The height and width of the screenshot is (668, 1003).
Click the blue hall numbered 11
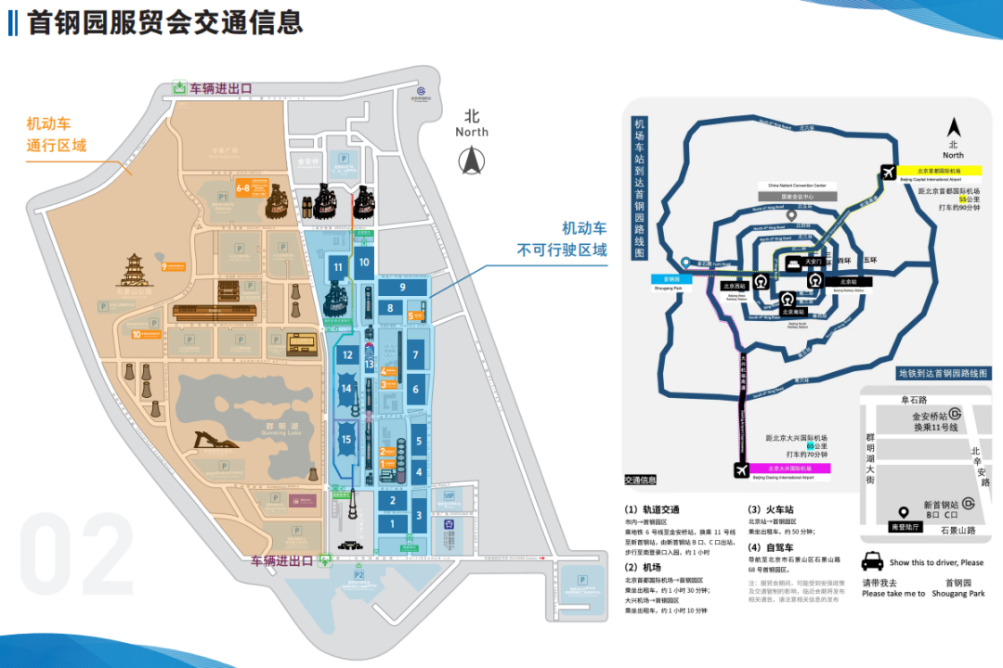point(338,269)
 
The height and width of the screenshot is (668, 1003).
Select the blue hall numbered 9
point(403,289)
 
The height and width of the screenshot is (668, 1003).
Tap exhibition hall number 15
point(346,440)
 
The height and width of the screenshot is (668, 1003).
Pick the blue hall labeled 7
point(416,354)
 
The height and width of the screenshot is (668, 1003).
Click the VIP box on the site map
point(449,496)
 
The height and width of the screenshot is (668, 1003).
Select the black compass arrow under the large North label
point(472,162)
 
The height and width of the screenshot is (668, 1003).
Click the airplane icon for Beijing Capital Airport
point(888,172)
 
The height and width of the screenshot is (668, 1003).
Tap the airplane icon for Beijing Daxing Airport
point(742,470)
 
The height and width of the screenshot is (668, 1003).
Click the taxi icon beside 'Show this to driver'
point(873,561)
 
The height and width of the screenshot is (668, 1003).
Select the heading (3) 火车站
point(769,509)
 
